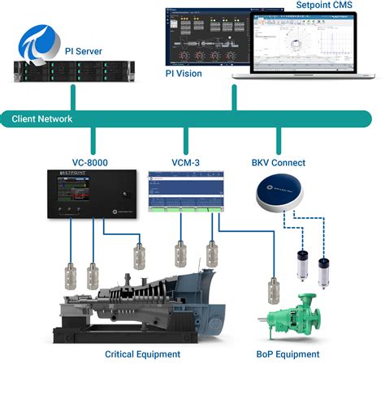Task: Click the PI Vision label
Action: click(184, 74)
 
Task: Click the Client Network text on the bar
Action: click(42, 119)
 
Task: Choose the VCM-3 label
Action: click(186, 161)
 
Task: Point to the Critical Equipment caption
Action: click(142, 355)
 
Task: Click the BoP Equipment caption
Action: click(288, 355)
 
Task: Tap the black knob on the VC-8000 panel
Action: click(119, 196)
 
